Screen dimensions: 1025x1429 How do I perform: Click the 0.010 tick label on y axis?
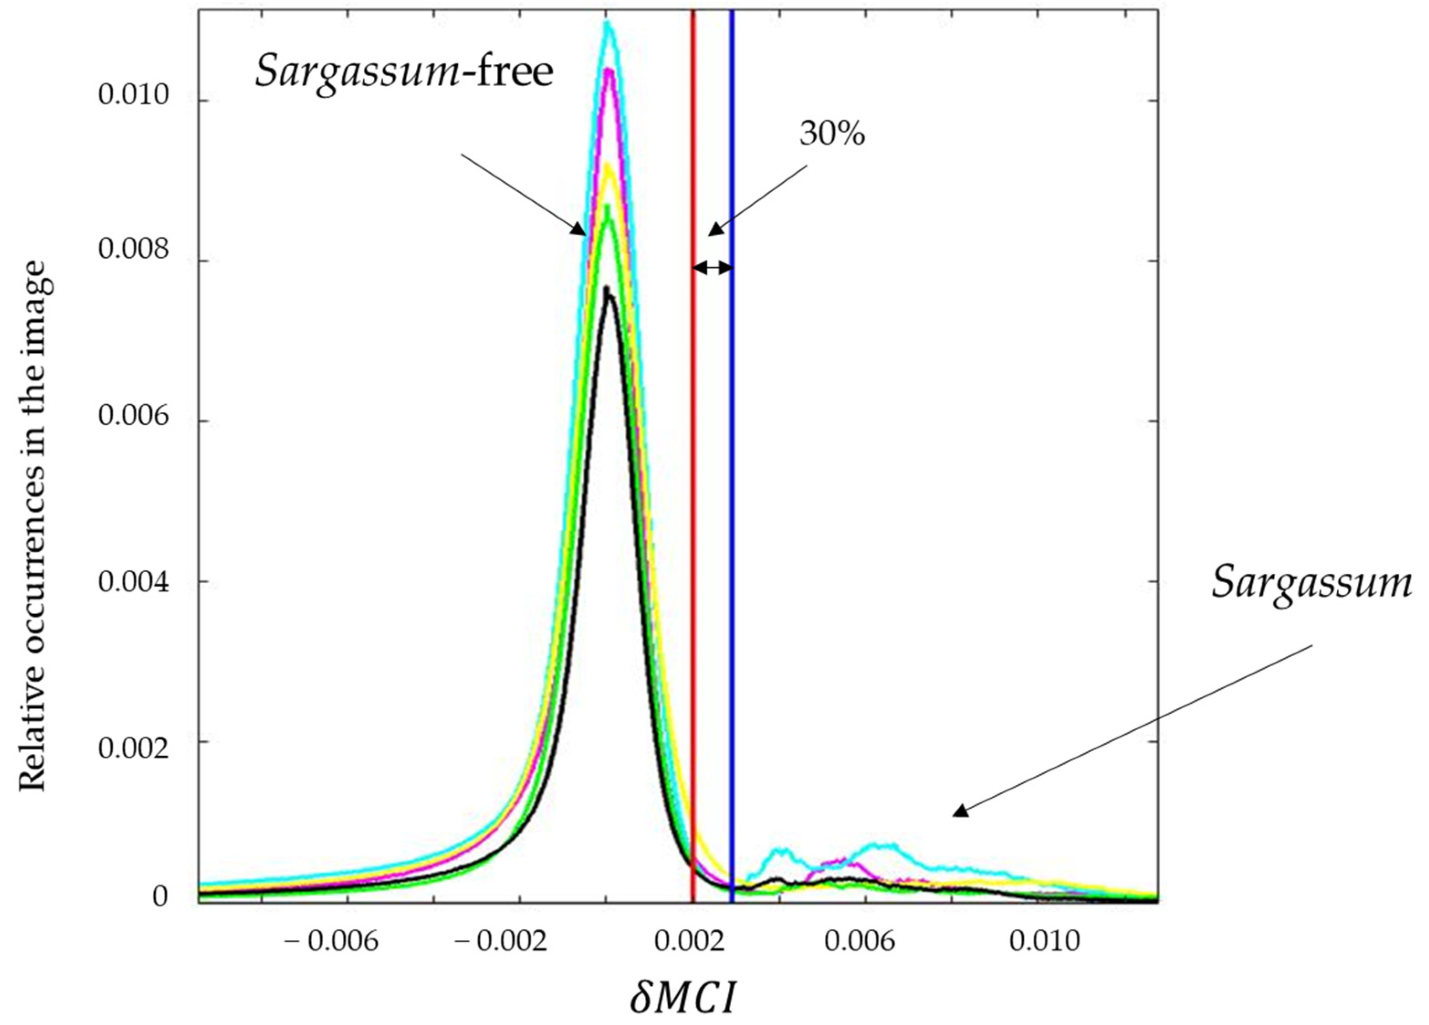pos(134,96)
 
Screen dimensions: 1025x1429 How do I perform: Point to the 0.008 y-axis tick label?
pos(134,250)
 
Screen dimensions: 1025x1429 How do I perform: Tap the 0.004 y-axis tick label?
pos(134,581)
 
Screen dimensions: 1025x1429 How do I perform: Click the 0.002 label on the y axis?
pos(134,748)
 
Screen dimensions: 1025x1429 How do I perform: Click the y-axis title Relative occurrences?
pos(33,526)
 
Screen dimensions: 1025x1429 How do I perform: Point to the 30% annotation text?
pos(832,134)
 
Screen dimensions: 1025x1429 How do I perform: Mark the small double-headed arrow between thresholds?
pos(712,268)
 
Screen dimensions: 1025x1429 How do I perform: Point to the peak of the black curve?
pos(606,288)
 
